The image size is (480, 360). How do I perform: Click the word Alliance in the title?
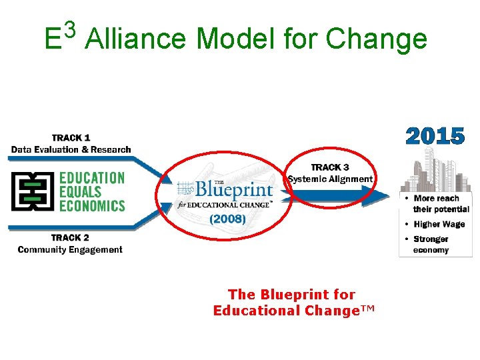pos(135,39)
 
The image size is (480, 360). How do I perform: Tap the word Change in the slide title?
pos(376,39)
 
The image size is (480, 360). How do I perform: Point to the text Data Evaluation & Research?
pos(71,149)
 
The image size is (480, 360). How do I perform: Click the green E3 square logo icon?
pos(31,191)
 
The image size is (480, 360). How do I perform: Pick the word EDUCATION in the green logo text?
pos(92,178)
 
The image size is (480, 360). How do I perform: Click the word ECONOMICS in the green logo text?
pos(92,205)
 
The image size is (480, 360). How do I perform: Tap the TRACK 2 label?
pos(70,237)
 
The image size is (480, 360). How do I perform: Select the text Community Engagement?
pos(70,249)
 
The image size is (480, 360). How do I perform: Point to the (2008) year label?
pos(228,218)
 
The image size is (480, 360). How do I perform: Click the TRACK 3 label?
pos(330,167)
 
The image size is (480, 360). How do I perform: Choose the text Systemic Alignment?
pos(330,179)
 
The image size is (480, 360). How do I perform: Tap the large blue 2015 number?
pos(435,137)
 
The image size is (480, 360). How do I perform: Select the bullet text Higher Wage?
pos(439,224)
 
